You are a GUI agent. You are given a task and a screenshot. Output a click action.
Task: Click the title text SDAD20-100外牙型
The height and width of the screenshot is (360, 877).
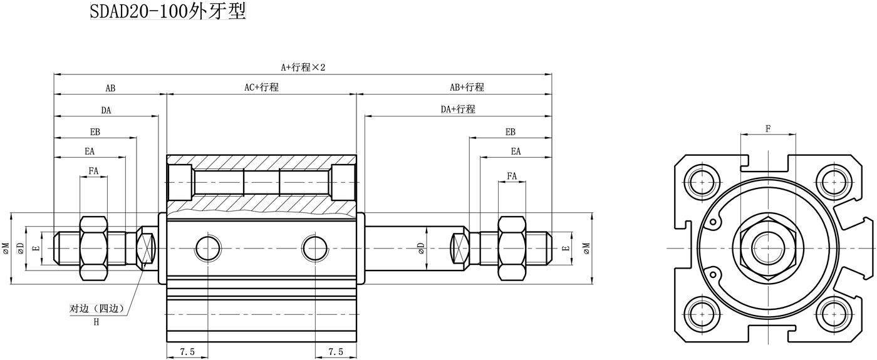click(x=168, y=11)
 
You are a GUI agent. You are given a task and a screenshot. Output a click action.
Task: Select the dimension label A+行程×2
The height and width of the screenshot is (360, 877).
click(x=303, y=68)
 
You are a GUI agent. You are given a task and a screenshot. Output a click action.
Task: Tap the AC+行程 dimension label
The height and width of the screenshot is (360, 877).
click(x=261, y=87)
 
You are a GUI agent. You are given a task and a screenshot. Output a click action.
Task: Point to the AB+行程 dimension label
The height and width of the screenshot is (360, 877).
click(x=467, y=87)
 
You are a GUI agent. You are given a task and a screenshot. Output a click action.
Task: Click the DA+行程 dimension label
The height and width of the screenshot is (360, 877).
click(x=458, y=109)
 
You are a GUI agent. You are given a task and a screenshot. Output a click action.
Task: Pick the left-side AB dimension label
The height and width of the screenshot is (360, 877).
click(x=110, y=88)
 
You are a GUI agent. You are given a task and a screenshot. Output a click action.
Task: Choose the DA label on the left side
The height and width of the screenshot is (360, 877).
click(x=106, y=110)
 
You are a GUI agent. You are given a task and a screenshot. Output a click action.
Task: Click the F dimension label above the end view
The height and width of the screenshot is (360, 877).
click(x=768, y=128)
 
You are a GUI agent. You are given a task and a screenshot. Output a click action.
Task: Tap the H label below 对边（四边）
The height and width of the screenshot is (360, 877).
click(x=96, y=322)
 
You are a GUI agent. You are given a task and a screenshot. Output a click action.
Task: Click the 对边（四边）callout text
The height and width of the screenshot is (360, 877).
click(x=97, y=308)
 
